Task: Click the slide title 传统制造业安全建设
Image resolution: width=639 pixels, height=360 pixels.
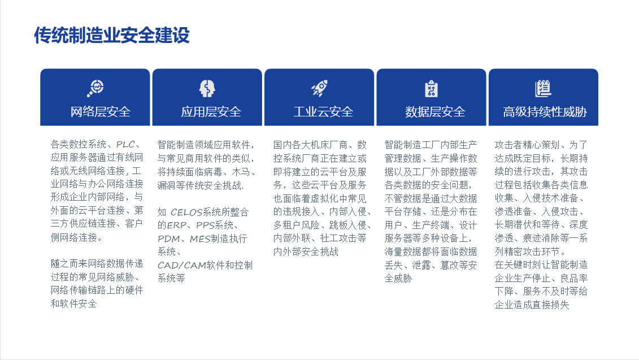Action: click(x=112, y=35)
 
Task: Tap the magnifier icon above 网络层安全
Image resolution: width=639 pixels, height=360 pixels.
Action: click(x=95, y=88)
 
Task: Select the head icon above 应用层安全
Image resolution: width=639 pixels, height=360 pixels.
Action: click(x=207, y=88)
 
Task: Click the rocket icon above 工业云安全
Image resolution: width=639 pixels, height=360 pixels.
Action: click(x=319, y=88)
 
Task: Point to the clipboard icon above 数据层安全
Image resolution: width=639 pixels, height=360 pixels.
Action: click(x=431, y=89)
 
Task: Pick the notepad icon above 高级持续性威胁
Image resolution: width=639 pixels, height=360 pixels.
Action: click(x=543, y=88)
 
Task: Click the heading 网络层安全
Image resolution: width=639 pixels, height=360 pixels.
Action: click(x=101, y=112)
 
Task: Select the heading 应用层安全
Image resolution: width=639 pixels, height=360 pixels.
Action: click(x=211, y=112)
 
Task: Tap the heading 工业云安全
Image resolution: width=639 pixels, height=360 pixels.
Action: click(x=323, y=112)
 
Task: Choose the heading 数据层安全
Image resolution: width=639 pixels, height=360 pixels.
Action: click(x=435, y=112)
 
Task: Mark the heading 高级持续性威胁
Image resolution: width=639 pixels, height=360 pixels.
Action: click(x=545, y=112)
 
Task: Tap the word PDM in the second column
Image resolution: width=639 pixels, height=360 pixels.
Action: click(x=168, y=238)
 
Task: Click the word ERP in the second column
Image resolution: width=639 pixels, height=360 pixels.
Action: click(x=176, y=225)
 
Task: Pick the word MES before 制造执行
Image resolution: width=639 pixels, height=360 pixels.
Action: click(x=200, y=238)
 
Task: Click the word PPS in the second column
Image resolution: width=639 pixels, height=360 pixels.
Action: click(x=207, y=225)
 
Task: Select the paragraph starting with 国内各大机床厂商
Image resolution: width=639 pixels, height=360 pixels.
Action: click(x=320, y=198)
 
